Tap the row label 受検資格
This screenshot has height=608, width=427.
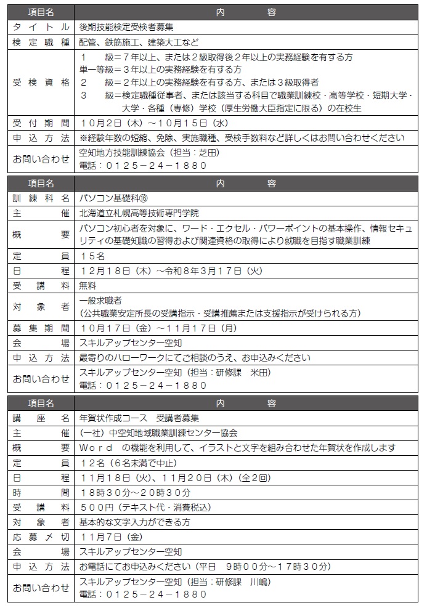pos(41,82)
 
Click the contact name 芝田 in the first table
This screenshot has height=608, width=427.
pos(208,152)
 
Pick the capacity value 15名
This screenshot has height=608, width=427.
pos(93,254)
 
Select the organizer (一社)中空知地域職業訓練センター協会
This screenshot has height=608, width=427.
pos(159,433)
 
